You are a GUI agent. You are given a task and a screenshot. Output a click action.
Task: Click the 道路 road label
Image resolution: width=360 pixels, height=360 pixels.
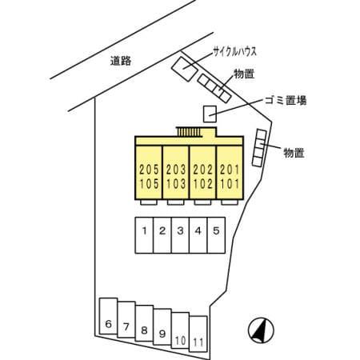[121, 61]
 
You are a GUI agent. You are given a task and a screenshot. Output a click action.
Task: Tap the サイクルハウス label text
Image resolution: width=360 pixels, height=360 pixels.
[234, 51]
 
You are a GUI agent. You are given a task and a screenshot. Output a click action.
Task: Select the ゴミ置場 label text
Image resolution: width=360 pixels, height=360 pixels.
[286, 100]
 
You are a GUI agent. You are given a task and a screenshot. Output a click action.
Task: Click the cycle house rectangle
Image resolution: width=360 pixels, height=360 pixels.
[185, 69]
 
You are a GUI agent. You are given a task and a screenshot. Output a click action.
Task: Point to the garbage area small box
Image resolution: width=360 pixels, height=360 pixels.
[210, 114]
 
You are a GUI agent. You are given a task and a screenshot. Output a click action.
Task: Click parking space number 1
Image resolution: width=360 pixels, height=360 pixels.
[144, 235]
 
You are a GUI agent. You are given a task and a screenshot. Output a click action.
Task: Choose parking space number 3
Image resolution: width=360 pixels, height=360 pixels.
[180, 235]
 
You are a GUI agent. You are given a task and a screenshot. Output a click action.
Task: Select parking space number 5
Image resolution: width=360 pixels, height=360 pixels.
[216, 235]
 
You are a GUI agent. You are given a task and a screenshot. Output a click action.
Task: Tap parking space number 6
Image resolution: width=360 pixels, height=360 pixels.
[108, 316]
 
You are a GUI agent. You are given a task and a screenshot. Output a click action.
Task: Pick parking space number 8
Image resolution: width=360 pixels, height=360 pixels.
[144, 323]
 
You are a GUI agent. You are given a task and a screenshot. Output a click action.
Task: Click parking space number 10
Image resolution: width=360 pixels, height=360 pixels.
[180, 330]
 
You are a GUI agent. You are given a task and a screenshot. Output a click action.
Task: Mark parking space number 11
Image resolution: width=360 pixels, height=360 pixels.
[198, 334]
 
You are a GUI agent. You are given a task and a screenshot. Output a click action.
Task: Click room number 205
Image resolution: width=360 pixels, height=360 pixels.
[149, 170]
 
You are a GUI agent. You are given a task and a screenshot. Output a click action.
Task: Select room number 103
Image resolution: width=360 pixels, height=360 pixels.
[176, 184]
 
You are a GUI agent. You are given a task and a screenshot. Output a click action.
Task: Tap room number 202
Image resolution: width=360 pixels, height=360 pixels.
[203, 170]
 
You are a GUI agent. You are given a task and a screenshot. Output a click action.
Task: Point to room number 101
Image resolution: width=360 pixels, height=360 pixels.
[230, 184]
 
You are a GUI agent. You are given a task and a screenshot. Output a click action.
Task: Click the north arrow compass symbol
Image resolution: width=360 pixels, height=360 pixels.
[261, 330]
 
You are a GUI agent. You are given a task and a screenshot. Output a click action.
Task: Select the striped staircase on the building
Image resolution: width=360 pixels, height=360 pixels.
[189, 132]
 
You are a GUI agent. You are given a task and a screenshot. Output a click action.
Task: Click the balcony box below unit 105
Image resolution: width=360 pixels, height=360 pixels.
[149, 202]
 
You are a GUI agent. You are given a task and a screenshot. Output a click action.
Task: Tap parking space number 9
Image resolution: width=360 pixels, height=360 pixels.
[162, 326]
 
